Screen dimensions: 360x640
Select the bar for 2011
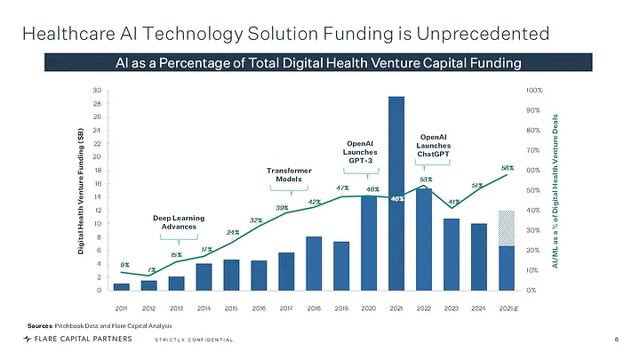point(121,286)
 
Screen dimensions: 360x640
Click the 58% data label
point(508,167)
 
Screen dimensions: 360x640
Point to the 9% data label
point(124,264)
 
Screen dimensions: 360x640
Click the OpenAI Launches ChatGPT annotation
point(433,146)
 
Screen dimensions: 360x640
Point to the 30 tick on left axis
point(97,91)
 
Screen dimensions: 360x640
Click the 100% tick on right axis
point(534,91)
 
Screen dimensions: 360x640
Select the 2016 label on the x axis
point(259,307)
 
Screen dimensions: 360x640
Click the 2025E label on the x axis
point(507,307)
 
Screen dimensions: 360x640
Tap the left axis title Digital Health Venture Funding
point(81,190)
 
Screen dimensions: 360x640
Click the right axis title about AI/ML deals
point(557,190)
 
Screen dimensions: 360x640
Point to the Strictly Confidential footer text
point(194,340)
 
